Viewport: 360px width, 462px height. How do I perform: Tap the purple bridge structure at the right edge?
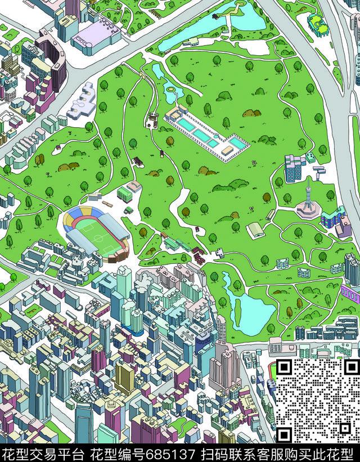(x=350, y=293)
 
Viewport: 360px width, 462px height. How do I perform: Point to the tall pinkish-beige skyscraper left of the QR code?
(x=225, y=366)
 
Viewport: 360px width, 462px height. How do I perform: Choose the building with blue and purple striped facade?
(x=334, y=217)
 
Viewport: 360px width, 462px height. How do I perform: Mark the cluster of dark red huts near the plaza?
(x=198, y=253)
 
